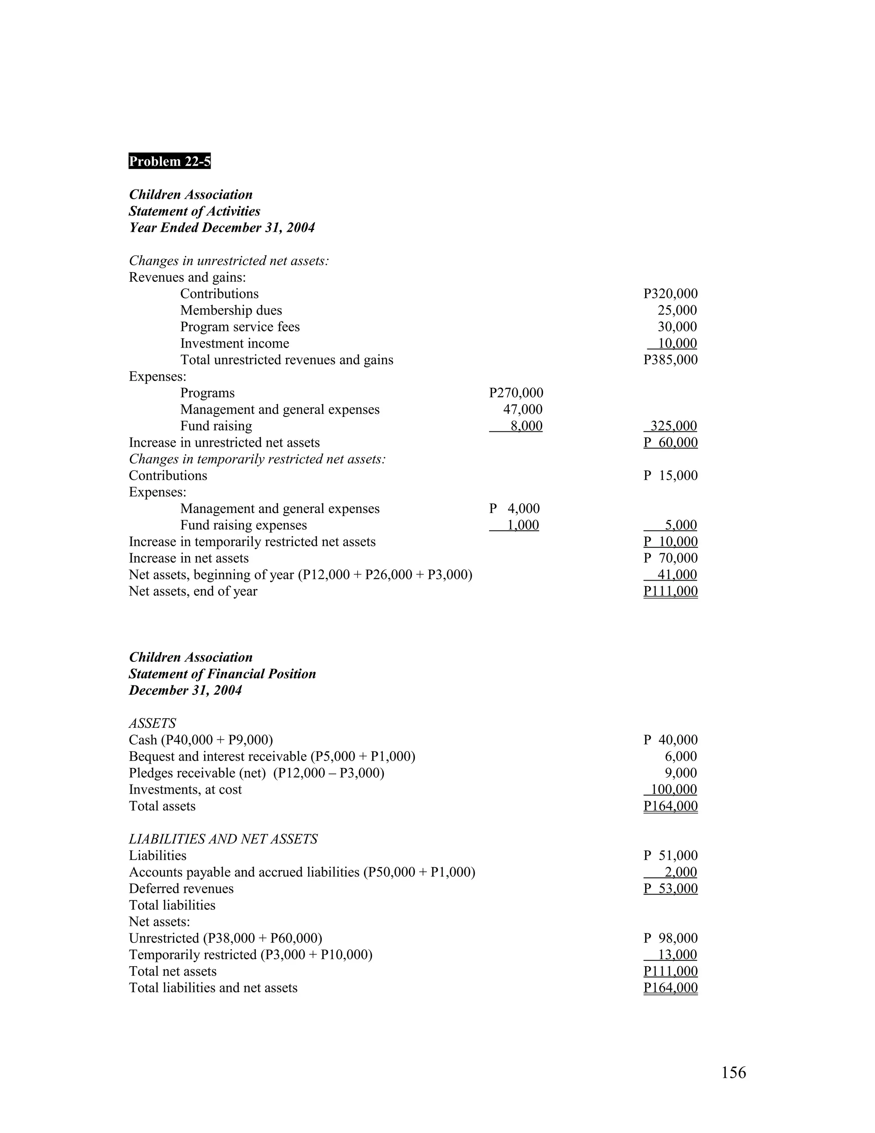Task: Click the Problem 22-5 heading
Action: tap(170, 161)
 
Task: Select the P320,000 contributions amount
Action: tap(670, 294)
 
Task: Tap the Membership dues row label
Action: tap(231, 310)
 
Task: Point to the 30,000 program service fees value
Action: tap(677, 327)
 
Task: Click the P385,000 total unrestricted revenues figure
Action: tap(670, 360)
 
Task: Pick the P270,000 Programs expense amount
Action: tap(516, 393)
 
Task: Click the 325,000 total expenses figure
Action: tap(673, 426)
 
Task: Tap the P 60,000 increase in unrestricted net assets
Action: tap(670, 443)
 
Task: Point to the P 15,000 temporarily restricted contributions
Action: tap(670, 476)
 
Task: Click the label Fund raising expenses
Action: tap(243, 525)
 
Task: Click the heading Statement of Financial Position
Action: tap(222, 674)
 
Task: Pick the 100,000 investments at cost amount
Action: tap(673, 790)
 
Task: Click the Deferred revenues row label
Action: tap(181, 889)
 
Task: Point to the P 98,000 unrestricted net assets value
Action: tap(670, 938)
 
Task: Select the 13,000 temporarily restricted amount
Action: tap(677, 955)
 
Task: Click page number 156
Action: tap(734, 1072)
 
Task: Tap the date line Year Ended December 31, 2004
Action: tap(221, 228)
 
